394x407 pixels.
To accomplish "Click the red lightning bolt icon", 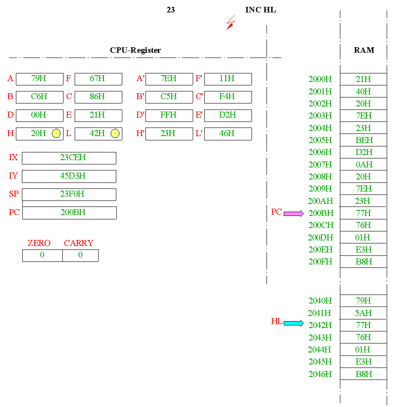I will (x=231, y=23).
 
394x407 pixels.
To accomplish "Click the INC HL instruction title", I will (x=261, y=10).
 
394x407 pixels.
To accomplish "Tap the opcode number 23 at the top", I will (x=171, y=10).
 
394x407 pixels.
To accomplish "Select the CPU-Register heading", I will (x=136, y=50).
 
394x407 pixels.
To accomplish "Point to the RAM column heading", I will (x=364, y=50).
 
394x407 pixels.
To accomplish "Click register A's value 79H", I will (x=39, y=79).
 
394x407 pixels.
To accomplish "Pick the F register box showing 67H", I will (x=98, y=79).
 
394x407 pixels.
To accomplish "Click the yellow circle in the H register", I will (x=56, y=134).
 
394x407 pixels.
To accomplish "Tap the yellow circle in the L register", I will (x=115, y=134).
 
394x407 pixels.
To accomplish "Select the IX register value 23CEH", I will (x=69, y=158).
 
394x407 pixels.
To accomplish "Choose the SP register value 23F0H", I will (x=69, y=194).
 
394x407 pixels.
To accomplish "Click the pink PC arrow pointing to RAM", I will (x=294, y=213).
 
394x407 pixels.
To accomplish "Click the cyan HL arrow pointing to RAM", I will (x=294, y=323).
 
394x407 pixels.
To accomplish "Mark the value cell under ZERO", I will (x=42, y=255).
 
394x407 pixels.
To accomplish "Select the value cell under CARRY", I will (x=80, y=255).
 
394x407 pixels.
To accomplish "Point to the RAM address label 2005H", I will (x=320, y=140).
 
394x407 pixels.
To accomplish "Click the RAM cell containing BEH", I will (x=364, y=140).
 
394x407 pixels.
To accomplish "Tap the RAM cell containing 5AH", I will (x=364, y=313).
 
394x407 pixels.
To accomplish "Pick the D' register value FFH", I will (x=169, y=115).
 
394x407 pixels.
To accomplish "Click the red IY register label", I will (x=14, y=176).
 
